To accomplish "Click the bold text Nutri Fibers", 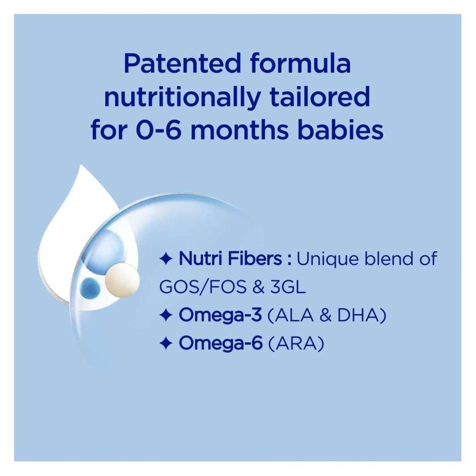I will coord(232,260).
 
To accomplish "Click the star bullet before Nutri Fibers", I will coord(165,260).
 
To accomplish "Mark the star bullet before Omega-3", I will coord(165,316).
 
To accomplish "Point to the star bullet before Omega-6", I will coord(165,344).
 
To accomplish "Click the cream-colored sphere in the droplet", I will coord(118,278).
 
